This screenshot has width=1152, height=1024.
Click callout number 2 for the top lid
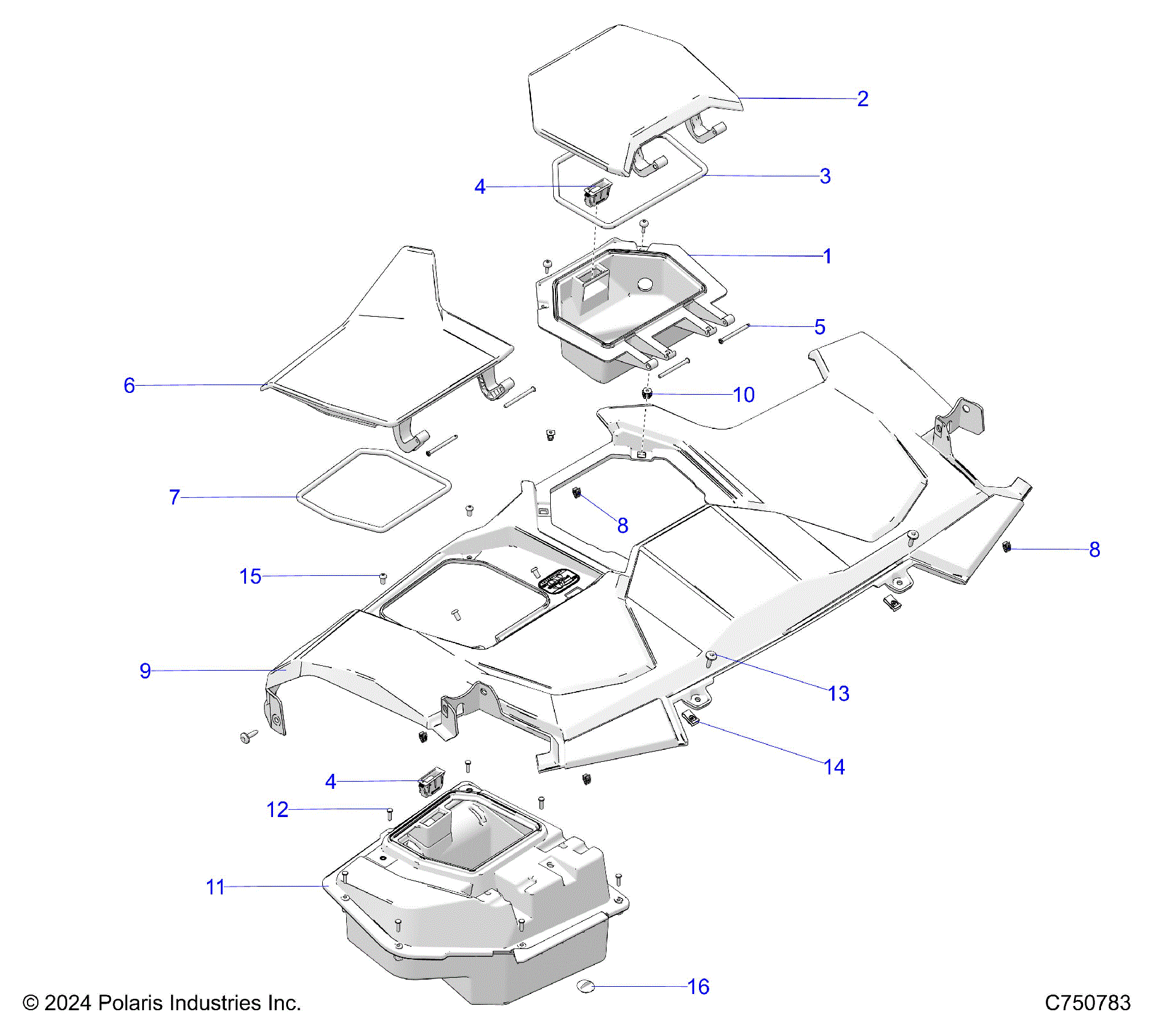(x=862, y=99)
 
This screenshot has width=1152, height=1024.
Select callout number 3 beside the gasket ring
(x=825, y=176)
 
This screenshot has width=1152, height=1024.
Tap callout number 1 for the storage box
(x=827, y=257)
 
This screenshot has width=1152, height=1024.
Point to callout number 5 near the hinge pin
(x=820, y=328)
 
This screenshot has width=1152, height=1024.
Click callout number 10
(x=743, y=395)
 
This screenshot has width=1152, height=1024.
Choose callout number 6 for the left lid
(x=129, y=386)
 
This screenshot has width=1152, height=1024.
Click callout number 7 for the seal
(x=174, y=497)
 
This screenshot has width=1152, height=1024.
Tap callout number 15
(x=250, y=577)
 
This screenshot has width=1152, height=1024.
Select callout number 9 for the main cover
(x=145, y=671)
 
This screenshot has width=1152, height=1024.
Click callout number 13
(x=838, y=694)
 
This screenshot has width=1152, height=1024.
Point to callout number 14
(x=834, y=767)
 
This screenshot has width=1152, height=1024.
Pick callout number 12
(x=277, y=810)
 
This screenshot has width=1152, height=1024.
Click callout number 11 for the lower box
(x=215, y=887)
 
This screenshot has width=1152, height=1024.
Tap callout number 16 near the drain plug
(x=698, y=987)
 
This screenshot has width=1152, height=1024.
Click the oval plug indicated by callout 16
(x=585, y=986)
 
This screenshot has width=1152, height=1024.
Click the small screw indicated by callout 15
(x=383, y=578)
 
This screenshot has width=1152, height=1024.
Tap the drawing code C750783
(x=1087, y=1003)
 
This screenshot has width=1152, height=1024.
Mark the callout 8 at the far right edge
(x=1094, y=550)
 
